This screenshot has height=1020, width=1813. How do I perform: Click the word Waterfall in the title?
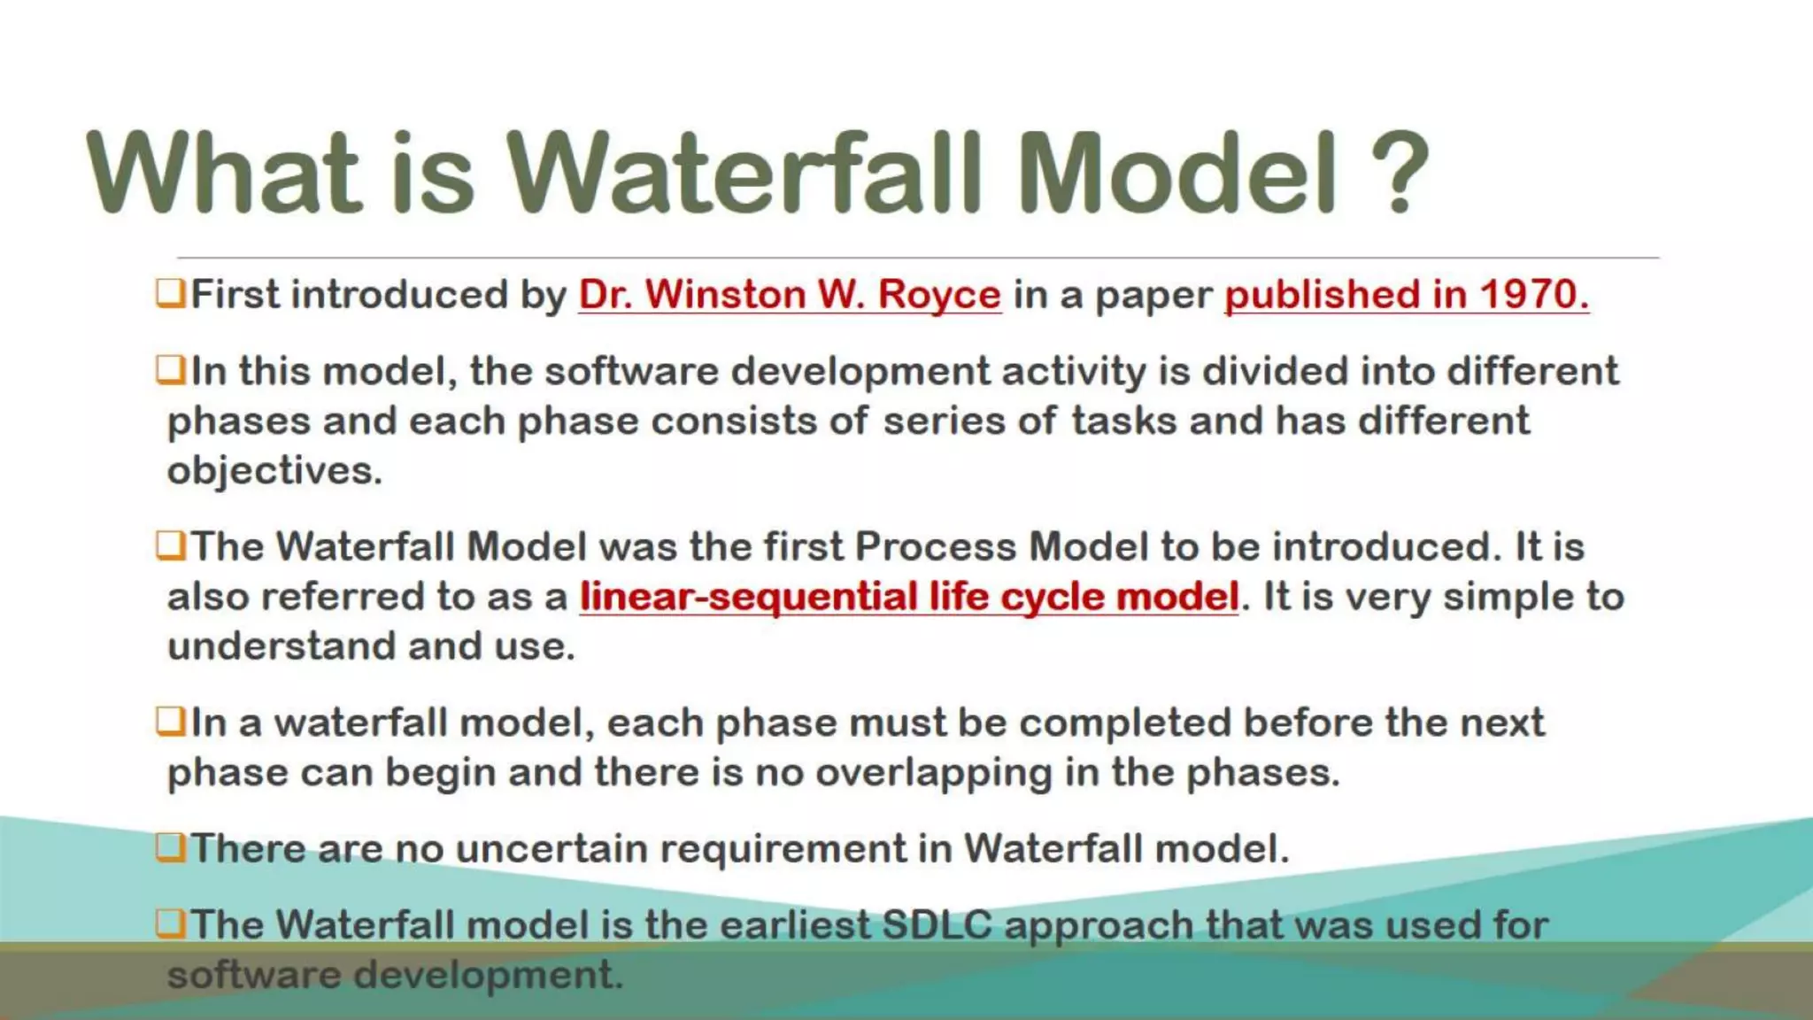click(744, 173)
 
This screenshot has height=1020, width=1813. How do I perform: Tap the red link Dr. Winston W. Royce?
click(790, 295)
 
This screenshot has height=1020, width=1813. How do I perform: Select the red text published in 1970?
click(1406, 295)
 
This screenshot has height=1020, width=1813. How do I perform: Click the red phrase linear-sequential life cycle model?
click(908, 597)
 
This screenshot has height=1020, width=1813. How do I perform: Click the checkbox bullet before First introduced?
click(170, 293)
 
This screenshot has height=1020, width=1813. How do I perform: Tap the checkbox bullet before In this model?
click(170, 369)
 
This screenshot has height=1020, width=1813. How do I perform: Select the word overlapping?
click(933, 773)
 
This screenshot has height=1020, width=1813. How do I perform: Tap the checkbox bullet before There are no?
click(170, 847)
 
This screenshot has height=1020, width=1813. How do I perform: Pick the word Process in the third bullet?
click(935, 546)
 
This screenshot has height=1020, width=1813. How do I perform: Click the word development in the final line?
click(489, 975)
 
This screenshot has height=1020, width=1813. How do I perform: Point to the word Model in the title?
click(1177, 173)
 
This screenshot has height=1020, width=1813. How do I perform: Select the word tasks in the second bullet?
click(1123, 421)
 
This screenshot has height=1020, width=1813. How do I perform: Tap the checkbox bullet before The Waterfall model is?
click(170, 923)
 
